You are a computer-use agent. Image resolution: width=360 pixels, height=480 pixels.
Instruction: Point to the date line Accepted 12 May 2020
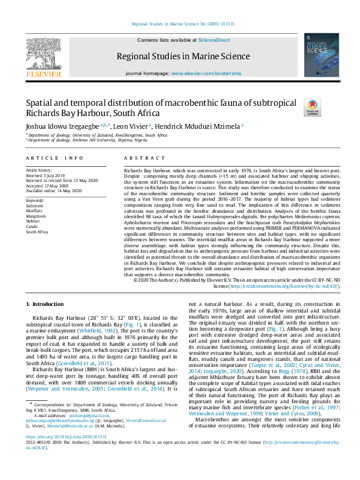50,186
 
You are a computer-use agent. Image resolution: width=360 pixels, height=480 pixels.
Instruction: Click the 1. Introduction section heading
47,303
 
